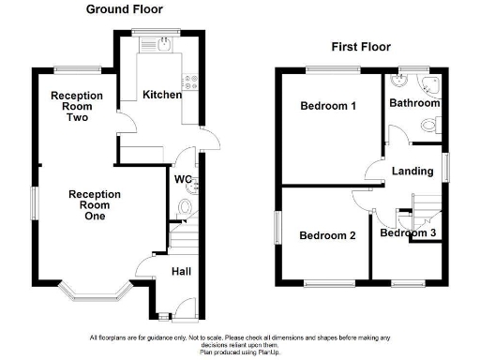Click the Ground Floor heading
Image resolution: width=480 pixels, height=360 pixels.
coord(124,9)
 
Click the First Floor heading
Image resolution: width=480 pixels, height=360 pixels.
coord(361,47)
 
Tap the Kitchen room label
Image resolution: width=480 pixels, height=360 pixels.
coord(161,95)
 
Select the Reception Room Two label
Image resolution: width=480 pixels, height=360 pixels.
coord(77,106)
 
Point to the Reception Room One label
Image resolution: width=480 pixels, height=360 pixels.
coord(94,205)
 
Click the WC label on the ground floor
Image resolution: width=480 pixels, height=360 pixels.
coord(183,179)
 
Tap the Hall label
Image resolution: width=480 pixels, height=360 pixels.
coord(183,272)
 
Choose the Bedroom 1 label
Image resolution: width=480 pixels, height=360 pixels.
coord(327,106)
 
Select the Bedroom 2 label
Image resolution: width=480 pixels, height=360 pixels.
coord(327,235)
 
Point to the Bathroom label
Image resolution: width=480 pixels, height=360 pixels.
coord(414,103)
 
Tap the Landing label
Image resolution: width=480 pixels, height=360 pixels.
coord(412,172)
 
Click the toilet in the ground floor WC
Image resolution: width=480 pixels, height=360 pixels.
coord(185,206)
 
